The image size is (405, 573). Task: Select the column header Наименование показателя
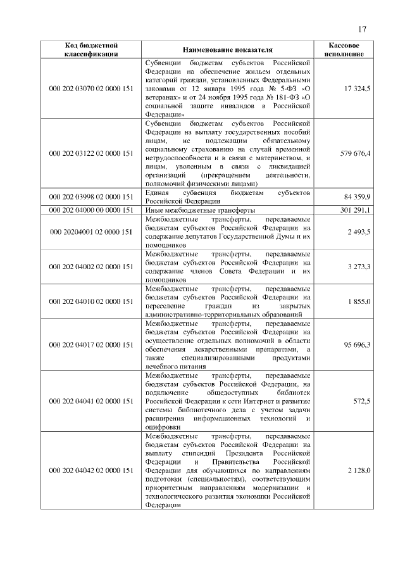pyautogui.click(x=227, y=50)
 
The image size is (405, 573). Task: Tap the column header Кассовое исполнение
pyautogui.click(x=346, y=50)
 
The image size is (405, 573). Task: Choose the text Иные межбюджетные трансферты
pyautogui.click(x=200, y=210)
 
